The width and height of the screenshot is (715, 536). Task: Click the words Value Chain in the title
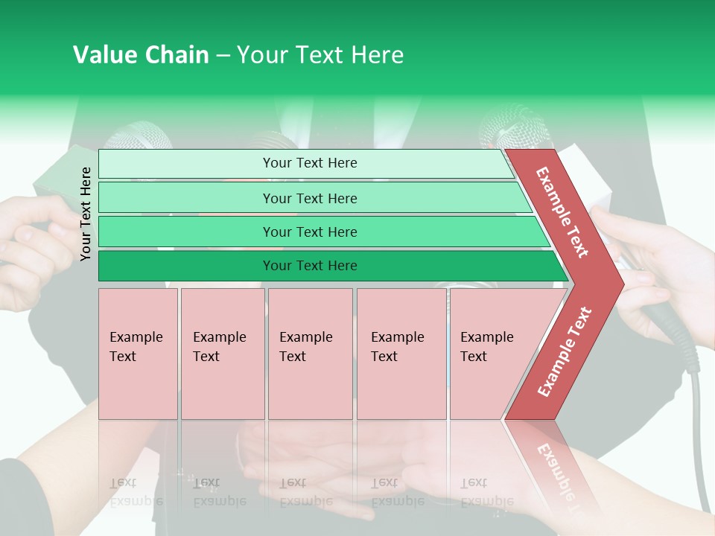click(141, 55)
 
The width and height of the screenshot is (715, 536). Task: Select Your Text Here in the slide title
click(320, 55)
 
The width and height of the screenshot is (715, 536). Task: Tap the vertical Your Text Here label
click(86, 214)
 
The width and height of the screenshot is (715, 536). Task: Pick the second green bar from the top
click(310, 198)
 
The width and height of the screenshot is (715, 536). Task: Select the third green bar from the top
click(310, 232)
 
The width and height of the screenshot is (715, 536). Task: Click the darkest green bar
click(310, 266)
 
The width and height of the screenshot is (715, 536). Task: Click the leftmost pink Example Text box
click(138, 354)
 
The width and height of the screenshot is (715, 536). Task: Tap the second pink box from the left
click(222, 354)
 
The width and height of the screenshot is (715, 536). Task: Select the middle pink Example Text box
click(310, 354)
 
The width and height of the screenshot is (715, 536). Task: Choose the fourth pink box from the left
click(401, 354)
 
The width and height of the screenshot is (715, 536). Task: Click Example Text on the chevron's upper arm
click(562, 212)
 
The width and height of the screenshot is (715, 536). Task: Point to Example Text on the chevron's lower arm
click(565, 351)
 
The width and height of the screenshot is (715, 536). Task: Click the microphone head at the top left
click(138, 138)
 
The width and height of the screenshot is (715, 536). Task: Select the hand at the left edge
click(30, 238)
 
